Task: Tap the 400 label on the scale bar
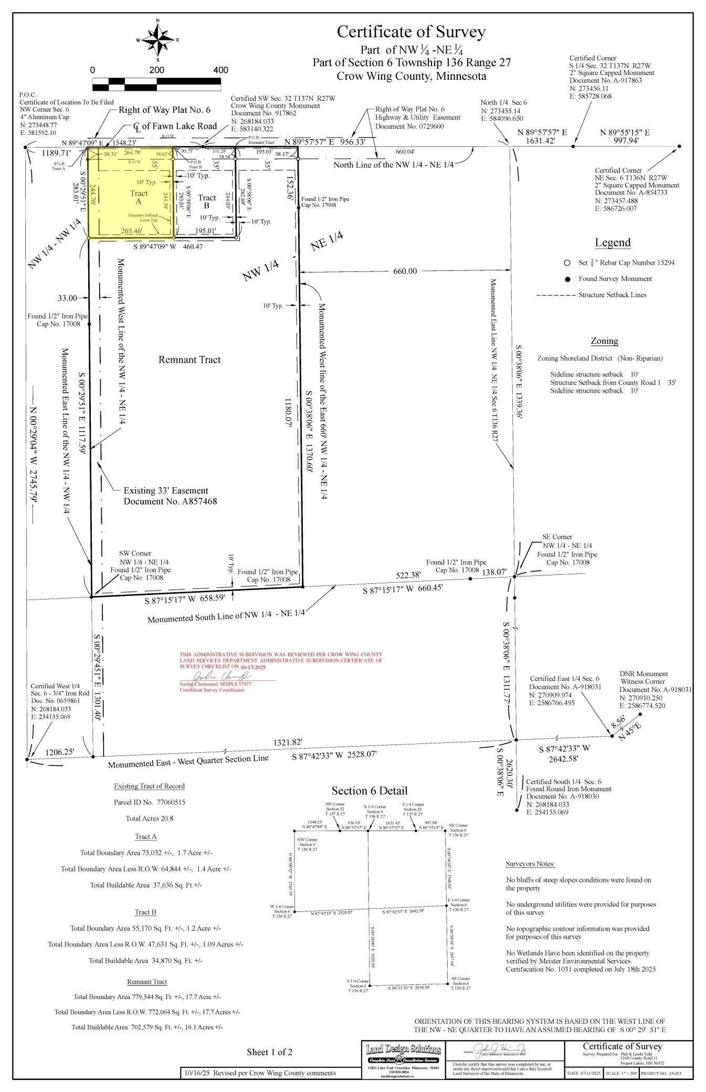[220, 70]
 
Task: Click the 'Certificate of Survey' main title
[411, 32]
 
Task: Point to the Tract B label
[207, 202]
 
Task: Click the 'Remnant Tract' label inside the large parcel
[189, 360]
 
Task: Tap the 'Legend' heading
[612, 243]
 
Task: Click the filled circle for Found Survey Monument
[567, 279]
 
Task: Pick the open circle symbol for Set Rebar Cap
[567, 262]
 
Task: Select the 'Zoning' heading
[604, 341]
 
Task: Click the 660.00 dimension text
[405, 271]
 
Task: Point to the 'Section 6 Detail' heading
[369, 791]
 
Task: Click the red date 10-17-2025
[254, 667]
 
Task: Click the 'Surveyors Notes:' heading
[530, 864]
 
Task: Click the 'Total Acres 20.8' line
[149, 818]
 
